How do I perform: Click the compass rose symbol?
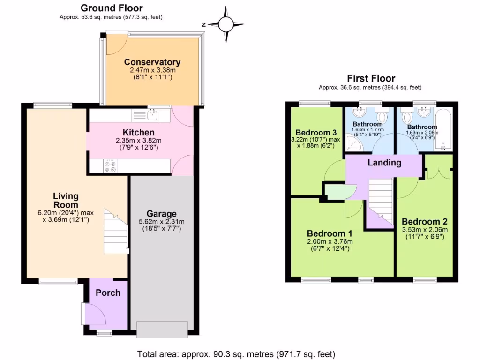pos(225,24)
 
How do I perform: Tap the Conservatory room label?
pos(152,62)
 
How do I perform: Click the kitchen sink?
pos(152,114)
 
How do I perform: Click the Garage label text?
pos(161,214)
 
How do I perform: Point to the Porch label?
pos(108,293)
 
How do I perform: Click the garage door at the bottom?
pos(162,329)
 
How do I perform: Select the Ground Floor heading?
pos(112,8)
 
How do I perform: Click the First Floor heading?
pos(371,79)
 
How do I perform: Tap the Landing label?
pos(384,163)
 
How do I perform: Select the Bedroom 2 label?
pos(425,222)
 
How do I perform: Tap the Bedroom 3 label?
pos(316,132)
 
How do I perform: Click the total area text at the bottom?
pos(236,354)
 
